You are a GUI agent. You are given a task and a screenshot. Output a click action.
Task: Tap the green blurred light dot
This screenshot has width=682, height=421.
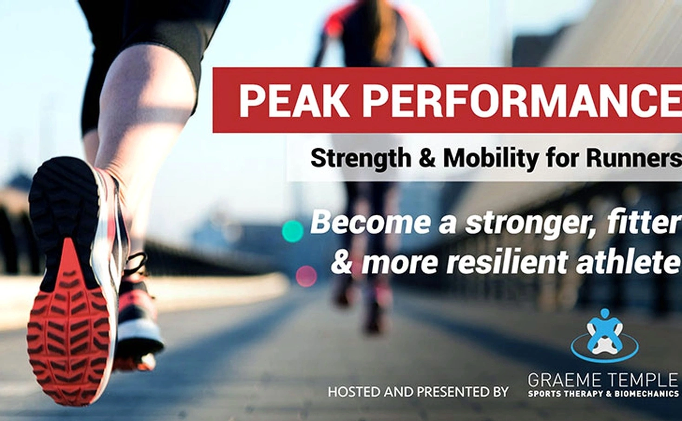tap(293, 232)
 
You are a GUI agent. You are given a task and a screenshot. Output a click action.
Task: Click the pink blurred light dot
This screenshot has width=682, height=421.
tap(307, 276)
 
